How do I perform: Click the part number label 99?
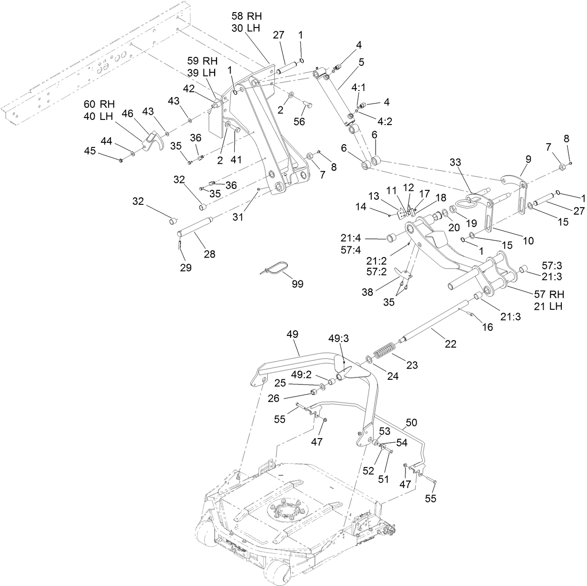coord(297,284)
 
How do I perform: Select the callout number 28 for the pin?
coord(209,254)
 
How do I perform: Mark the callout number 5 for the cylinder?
coord(361,62)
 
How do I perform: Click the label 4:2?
coord(384,122)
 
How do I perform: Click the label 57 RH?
coord(549,294)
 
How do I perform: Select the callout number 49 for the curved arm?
coord(293,335)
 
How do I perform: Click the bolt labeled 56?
coord(307,105)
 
